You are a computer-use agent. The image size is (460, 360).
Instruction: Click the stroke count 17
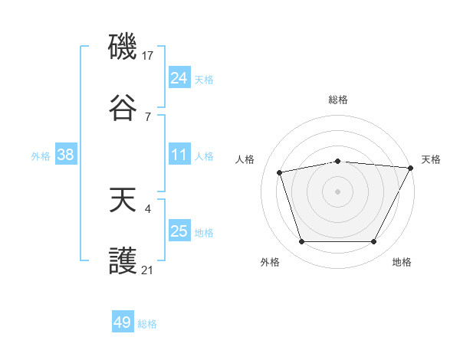[x=149, y=55]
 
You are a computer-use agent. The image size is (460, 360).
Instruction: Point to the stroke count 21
[x=148, y=270]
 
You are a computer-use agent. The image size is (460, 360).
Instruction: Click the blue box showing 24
[x=179, y=78]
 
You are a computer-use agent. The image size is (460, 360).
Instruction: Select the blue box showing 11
[x=179, y=155]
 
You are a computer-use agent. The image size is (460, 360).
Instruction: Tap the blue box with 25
[x=179, y=231]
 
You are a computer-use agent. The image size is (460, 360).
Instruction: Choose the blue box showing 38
[x=65, y=155]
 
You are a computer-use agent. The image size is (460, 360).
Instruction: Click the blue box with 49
[x=123, y=322]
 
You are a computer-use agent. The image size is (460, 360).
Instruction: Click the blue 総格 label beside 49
[x=147, y=324]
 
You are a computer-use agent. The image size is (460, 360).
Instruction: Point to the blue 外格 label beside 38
[x=41, y=155]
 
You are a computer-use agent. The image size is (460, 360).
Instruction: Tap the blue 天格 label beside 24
[x=204, y=79]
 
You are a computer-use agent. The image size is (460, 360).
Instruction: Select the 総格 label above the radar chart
[x=337, y=100]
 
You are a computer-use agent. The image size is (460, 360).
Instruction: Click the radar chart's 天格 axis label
[x=431, y=159]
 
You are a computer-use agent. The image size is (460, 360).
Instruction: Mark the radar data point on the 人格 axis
[x=280, y=172]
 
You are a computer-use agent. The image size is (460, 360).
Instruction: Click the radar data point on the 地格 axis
[x=373, y=241]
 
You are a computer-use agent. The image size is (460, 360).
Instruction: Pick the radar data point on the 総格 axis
[x=337, y=161]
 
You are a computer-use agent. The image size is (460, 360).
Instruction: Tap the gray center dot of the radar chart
[x=337, y=191]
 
